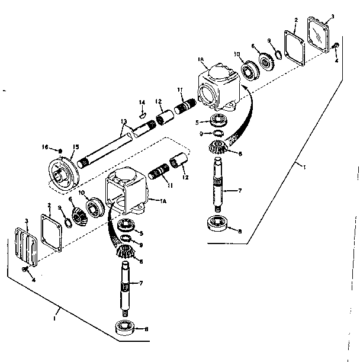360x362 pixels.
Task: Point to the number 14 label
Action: pos(142,102)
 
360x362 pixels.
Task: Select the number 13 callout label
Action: pos(123,120)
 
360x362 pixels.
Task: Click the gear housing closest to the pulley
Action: pos(127,190)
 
